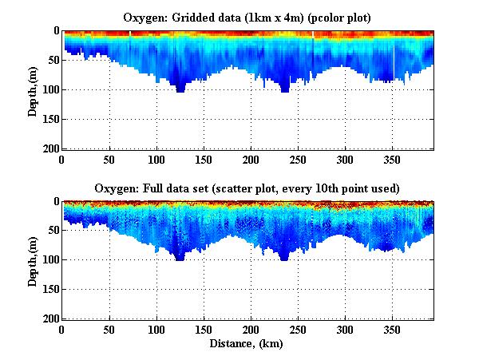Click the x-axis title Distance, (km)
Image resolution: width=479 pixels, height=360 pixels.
[x=247, y=345]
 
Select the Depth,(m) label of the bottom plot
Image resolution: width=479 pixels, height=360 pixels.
[x=33, y=260]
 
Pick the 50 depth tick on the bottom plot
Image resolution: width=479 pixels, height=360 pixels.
[x=53, y=231]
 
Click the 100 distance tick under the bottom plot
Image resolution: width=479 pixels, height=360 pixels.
[x=109, y=330]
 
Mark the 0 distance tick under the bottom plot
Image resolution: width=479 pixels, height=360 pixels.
[x=62, y=330]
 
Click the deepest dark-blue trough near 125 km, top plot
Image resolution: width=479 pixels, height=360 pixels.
[x=180, y=88]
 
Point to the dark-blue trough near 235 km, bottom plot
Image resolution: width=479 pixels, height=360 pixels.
[x=284, y=256]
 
